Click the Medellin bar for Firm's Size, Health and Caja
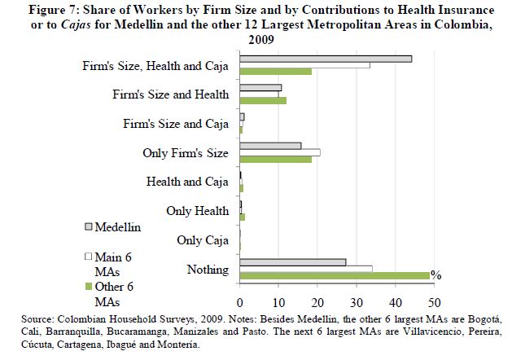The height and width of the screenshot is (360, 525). pos(326,59)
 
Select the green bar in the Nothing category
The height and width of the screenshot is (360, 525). pos(335,275)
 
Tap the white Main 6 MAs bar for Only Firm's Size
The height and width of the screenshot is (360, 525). pos(280,152)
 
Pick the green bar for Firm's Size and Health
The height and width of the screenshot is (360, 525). pos(263,100)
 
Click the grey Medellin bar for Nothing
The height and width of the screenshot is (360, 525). pos(293,262)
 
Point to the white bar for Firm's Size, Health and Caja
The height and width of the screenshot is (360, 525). pos(305,65)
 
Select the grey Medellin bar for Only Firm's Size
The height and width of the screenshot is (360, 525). pos(270,146)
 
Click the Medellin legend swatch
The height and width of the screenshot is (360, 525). pos(89,227)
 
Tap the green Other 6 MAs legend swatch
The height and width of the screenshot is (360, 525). pos(89,287)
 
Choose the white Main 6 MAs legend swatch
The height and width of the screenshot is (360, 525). pos(89,257)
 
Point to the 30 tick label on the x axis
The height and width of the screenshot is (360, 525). pos(357,303)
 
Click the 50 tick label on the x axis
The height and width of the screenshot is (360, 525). pos(435,303)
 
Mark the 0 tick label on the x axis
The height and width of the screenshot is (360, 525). pos(240,303)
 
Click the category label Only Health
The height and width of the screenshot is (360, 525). pos(198,211)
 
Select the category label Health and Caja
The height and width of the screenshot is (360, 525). pos(187,182)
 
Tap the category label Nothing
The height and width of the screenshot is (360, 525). pos(208,270)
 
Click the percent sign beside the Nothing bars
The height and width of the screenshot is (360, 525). pos(436,275)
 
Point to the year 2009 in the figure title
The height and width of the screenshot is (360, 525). pos(261,40)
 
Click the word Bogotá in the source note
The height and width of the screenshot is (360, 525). pos(485,319)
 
